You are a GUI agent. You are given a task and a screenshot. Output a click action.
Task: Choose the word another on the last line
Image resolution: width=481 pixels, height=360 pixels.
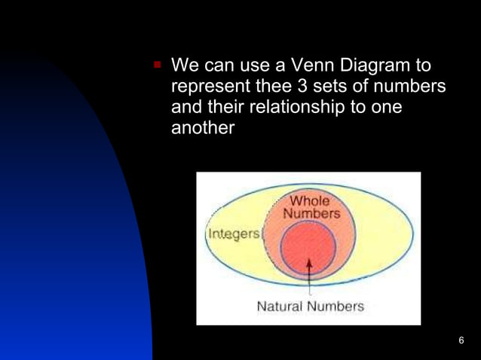tap(204, 129)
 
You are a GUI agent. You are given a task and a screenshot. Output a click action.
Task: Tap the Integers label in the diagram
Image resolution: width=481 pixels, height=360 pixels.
tap(232, 233)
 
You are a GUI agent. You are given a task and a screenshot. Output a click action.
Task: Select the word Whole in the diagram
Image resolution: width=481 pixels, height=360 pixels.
tap(310, 201)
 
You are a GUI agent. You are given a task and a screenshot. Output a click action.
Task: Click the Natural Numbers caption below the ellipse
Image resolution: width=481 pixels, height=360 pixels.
tap(310, 307)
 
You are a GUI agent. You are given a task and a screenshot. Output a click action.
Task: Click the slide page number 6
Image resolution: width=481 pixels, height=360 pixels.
tap(461, 340)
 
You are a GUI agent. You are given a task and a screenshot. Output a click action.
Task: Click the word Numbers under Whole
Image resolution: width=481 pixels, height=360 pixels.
tap(311, 213)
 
